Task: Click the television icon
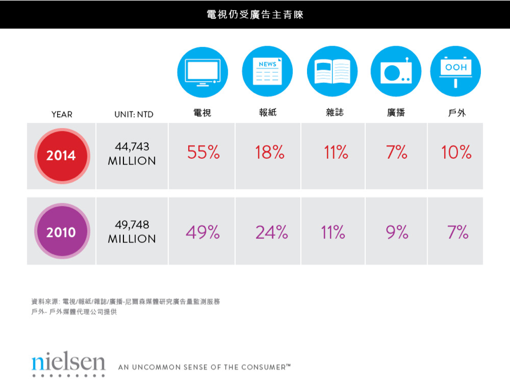(202, 71)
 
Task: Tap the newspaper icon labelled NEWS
(267, 71)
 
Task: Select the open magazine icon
(332, 71)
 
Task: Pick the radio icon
(396, 71)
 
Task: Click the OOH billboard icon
(456, 71)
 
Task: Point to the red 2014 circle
(61, 155)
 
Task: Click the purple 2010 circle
(61, 233)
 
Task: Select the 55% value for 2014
(204, 152)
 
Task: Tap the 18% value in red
(269, 152)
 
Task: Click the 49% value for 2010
(203, 232)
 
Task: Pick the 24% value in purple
(272, 232)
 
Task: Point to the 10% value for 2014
(456, 152)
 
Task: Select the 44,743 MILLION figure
(132, 154)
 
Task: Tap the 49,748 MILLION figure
(132, 232)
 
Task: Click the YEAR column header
(62, 114)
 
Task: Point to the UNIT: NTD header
(134, 114)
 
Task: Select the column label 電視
(202, 113)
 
